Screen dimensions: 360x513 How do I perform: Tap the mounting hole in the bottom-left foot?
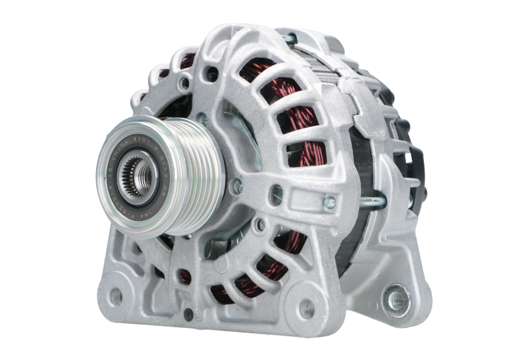[x=116, y=296]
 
